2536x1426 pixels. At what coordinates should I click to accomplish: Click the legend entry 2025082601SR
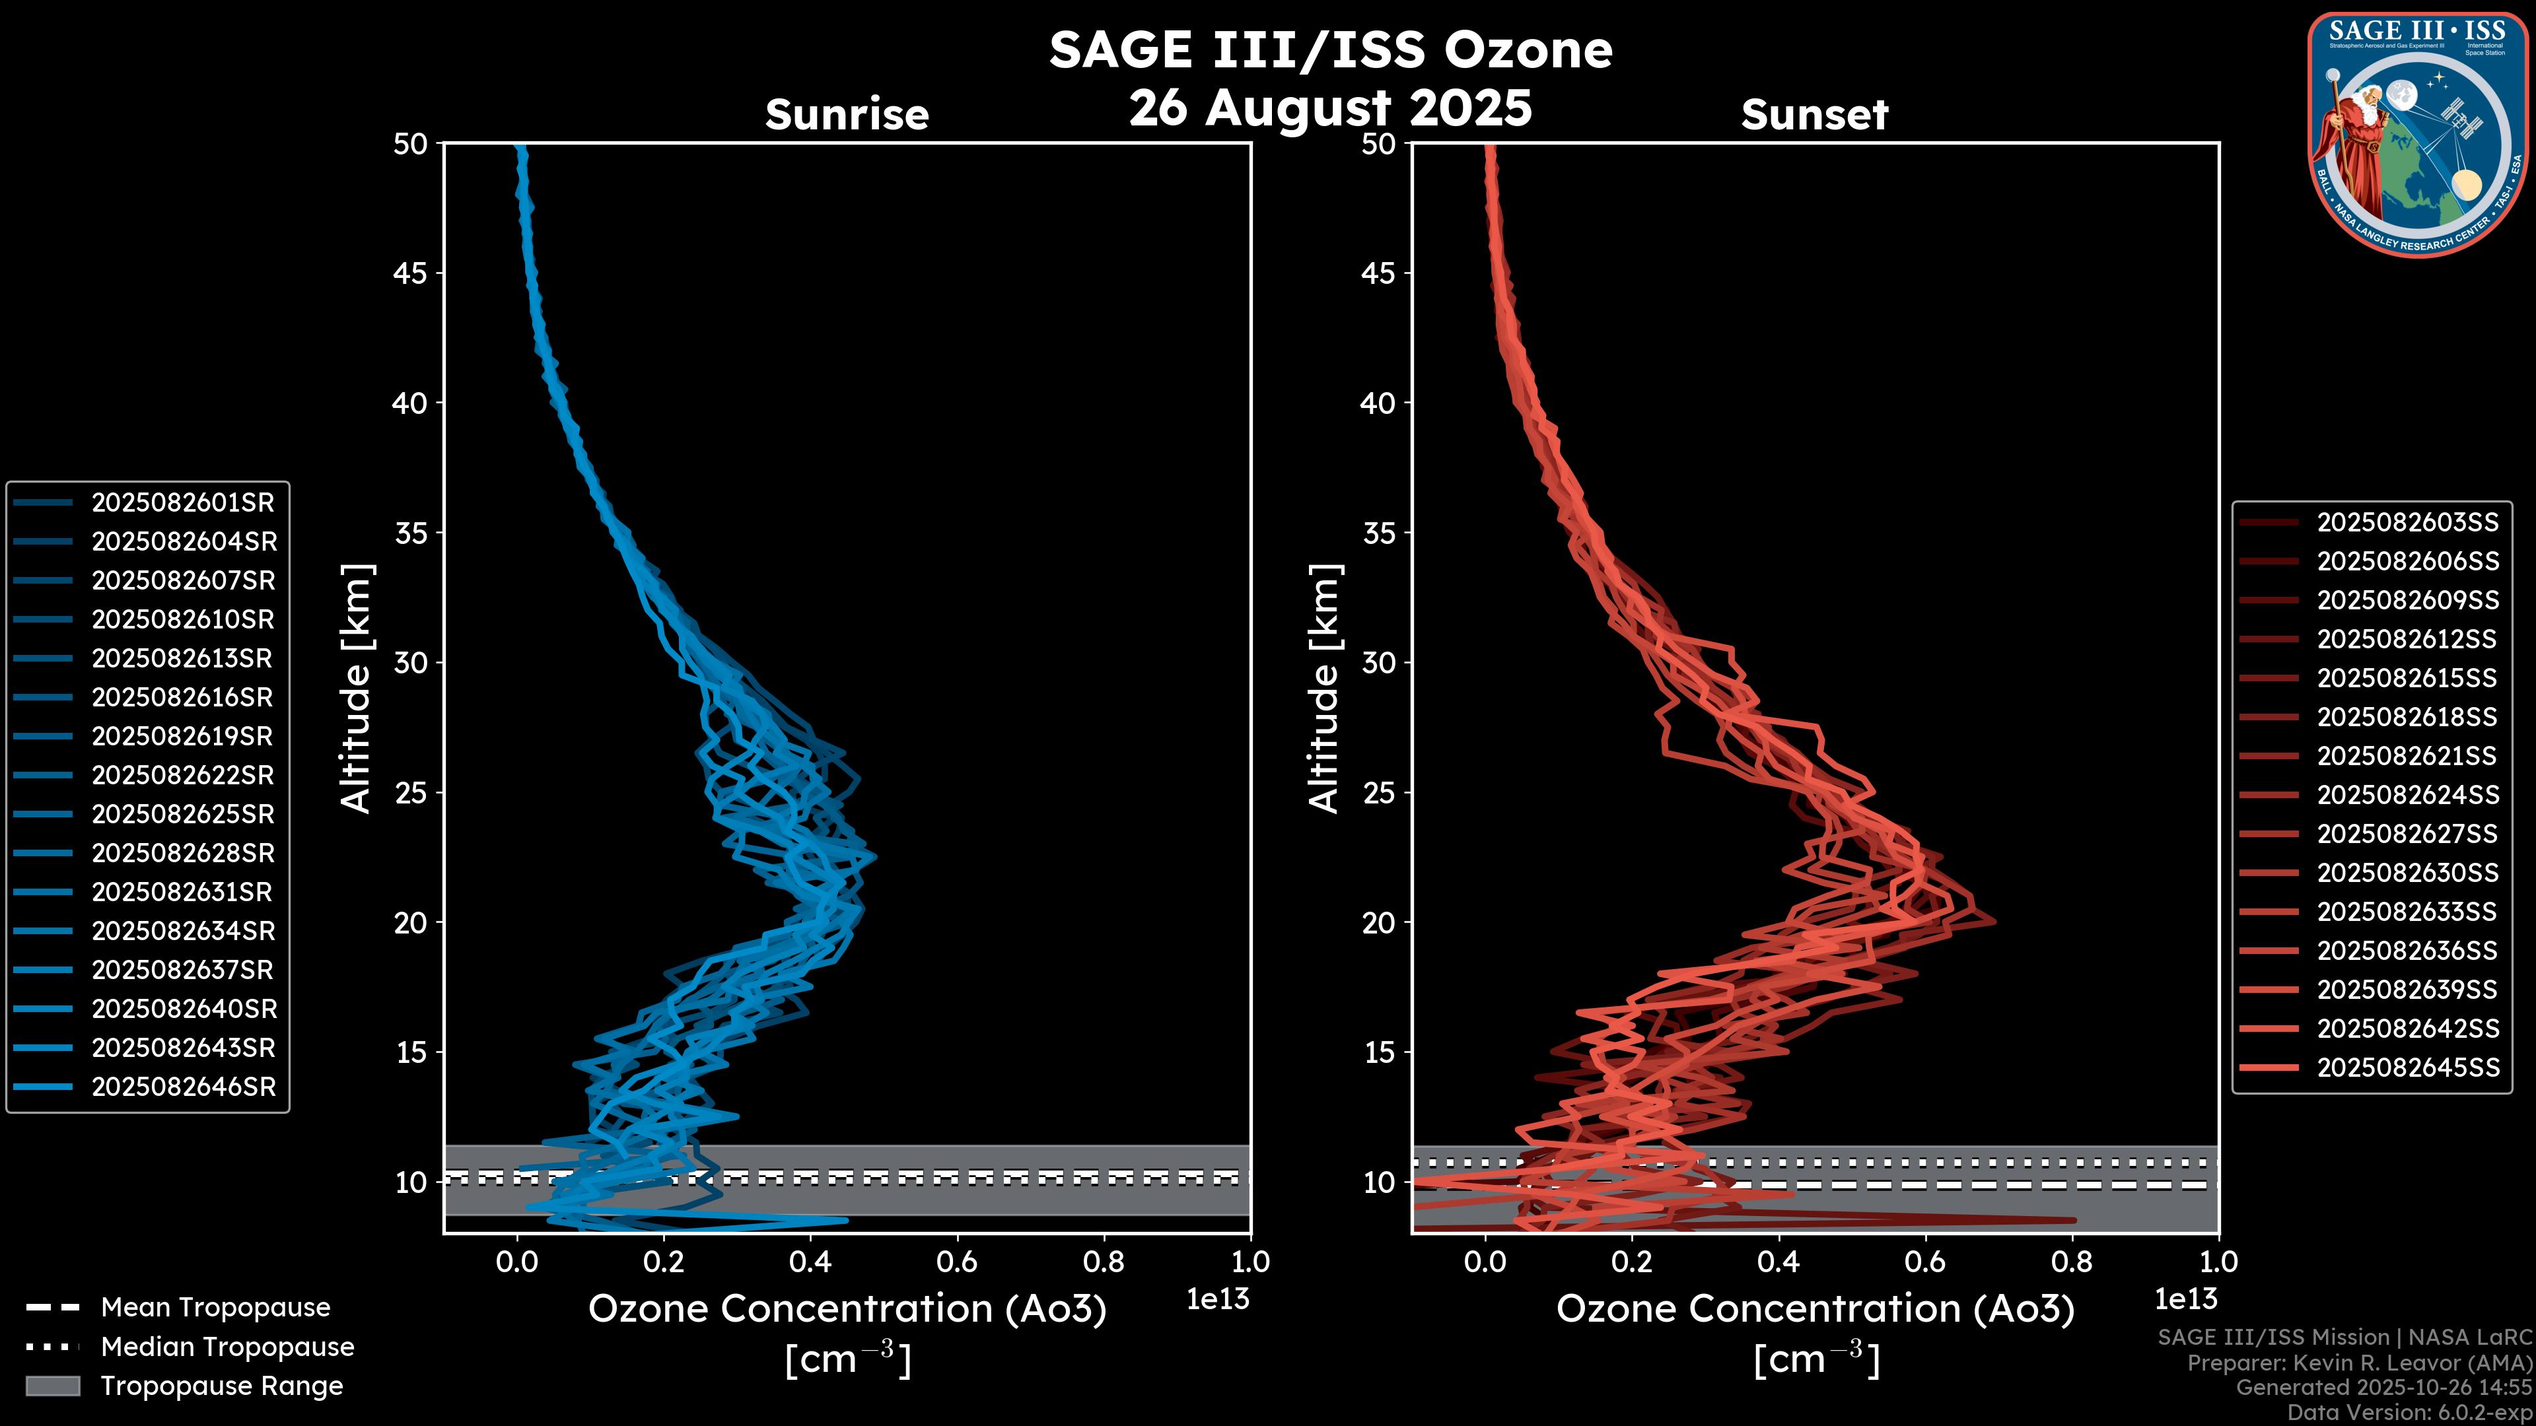[x=182, y=503]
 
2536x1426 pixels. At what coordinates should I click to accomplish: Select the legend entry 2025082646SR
[x=183, y=1087]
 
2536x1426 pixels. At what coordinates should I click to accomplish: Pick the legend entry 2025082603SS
[x=2407, y=523]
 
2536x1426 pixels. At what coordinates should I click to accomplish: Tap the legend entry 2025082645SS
[x=2407, y=1068]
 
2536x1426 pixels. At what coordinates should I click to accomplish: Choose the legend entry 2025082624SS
[x=2407, y=795]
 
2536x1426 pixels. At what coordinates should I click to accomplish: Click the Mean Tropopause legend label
[x=215, y=1308]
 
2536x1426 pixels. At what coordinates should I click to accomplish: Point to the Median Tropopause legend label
[x=227, y=1347]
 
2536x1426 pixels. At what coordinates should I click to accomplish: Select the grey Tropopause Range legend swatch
[x=52, y=1386]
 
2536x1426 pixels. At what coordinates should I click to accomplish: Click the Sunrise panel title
[x=847, y=115]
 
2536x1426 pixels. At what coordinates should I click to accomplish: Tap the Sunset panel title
[x=1814, y=115]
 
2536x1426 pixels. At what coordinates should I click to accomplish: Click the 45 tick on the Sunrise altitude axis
[x=411, y=273]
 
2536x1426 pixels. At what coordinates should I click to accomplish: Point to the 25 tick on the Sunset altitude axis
[x=1378, y=793]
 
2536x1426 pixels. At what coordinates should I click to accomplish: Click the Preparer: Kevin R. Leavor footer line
[x=2359, y=1363]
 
